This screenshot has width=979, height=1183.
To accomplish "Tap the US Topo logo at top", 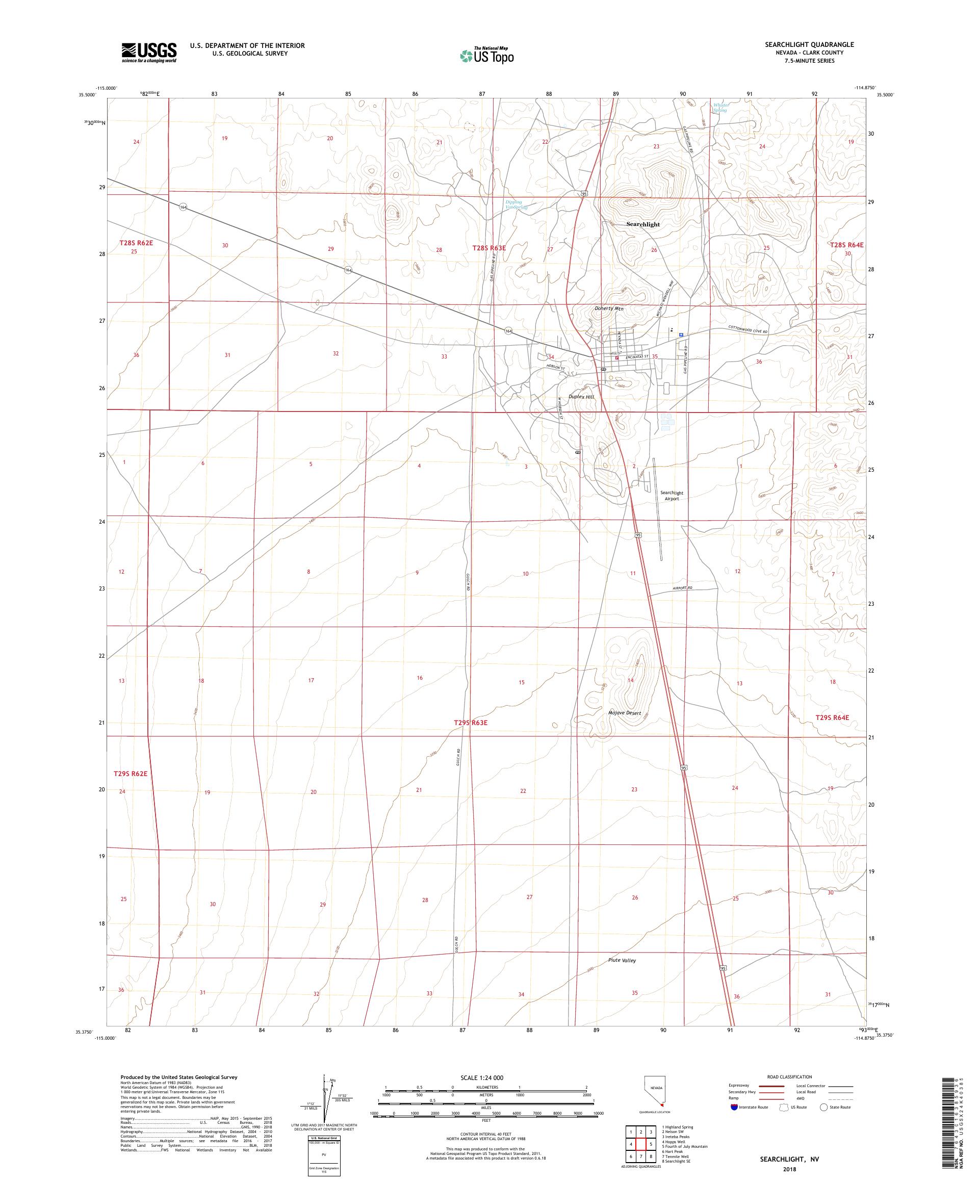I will tap(487, 55).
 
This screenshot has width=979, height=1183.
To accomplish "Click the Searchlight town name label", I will tap(642, 224).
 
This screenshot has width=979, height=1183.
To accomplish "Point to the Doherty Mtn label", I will tap(609, 308).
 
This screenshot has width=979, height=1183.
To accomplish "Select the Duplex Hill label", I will tap(581, 397).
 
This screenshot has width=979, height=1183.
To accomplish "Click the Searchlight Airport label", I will tap(672, 495).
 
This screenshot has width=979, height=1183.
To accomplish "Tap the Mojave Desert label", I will tap(625, 713).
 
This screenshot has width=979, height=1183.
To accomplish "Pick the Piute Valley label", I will tap(622, 960).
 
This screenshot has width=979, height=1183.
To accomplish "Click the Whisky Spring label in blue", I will tap(720, 107).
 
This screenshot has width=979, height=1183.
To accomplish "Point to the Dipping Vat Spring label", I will tap(516, 204).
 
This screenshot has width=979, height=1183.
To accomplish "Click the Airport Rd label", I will tap(682, 588).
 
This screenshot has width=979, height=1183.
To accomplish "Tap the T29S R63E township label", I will tap(470, 722).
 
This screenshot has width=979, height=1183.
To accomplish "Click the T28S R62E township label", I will tap(136, 243).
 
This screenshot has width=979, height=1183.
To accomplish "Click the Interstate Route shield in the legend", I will tap(733, 1107).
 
